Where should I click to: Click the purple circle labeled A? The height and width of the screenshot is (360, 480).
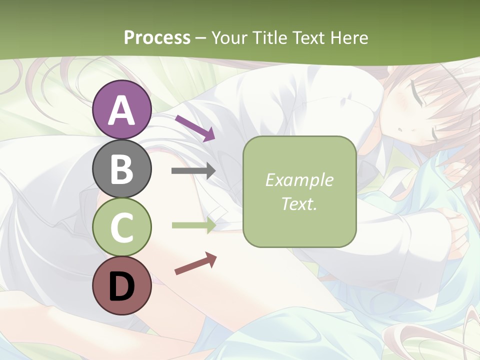122,110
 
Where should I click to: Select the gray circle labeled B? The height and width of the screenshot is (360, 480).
122,168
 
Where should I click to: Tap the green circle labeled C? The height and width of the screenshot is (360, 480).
122,227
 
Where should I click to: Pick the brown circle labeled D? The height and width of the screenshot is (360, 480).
122,285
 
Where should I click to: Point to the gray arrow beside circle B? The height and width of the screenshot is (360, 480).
193,171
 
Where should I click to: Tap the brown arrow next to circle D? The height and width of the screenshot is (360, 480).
195,263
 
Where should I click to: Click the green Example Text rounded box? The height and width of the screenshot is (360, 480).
299,191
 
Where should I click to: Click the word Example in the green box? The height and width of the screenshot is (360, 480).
299,180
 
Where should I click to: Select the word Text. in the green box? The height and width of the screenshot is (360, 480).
299,203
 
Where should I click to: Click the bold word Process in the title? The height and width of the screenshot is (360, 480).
157,37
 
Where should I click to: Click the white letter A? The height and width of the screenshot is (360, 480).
122,111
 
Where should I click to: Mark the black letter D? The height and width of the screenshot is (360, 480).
122,286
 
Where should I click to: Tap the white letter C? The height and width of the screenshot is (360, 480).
122,227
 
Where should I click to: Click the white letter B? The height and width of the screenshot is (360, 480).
122,169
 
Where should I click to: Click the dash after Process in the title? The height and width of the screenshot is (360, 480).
201,38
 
